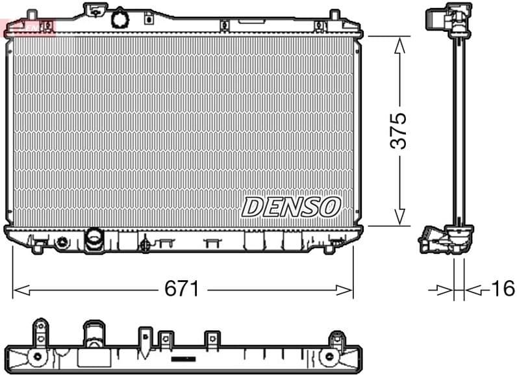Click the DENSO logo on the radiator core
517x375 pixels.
click(x=291, y=207)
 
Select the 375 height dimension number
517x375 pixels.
click(x=399, y=131)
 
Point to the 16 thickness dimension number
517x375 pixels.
click(x=502, y=289)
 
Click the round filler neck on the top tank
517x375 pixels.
click(x=120, y=18)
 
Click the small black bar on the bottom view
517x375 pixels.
click(x=183, y=358)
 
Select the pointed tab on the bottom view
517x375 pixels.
click(x=144, y=337)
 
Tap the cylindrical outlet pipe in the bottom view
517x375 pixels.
click(x=92, y=338)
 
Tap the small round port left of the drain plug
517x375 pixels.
click(x=62, y=242)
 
